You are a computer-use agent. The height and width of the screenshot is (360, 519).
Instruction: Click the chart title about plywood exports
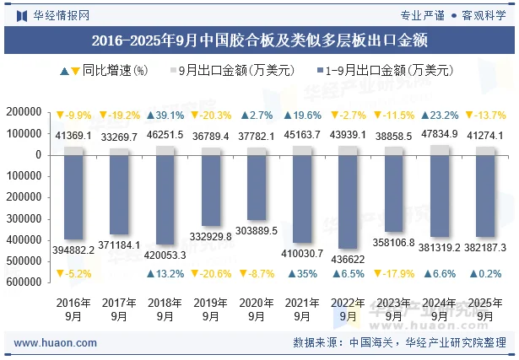point(259,40)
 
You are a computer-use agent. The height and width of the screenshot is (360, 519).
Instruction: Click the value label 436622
point(347,259)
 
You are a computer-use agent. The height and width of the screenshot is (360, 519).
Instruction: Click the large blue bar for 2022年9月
point(347,202)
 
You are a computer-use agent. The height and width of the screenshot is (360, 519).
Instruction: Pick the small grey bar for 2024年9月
point(439,150)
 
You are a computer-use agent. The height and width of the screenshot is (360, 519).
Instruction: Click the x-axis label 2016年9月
point(73,309)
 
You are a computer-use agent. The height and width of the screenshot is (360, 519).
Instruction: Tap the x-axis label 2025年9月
point(484,309)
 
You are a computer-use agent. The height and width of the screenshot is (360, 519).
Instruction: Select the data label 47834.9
point(439,134)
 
